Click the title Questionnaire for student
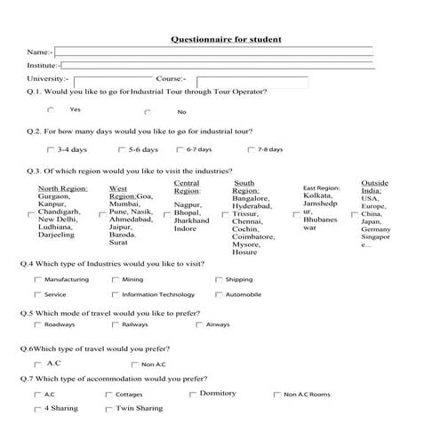click(x=226, y=39)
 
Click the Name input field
click(x=213, y=52)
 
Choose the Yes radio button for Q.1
click(x=51, y=109)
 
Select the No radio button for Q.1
click(x=147, y=112)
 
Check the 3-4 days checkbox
click(x=50, y=149)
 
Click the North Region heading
click(x=61, y=188)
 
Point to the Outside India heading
click(x=374, y=186)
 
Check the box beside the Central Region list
click(x=167, y=214)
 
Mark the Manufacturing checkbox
click(x=37, y=279)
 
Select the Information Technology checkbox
click(x=116, y=294)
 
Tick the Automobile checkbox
click(x=219, y=294)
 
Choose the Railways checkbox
click(x=116, y=324)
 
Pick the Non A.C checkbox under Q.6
click(x=134, y=364)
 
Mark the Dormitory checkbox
click(x=193, y=394)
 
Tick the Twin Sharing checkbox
click(x=108, y=409)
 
